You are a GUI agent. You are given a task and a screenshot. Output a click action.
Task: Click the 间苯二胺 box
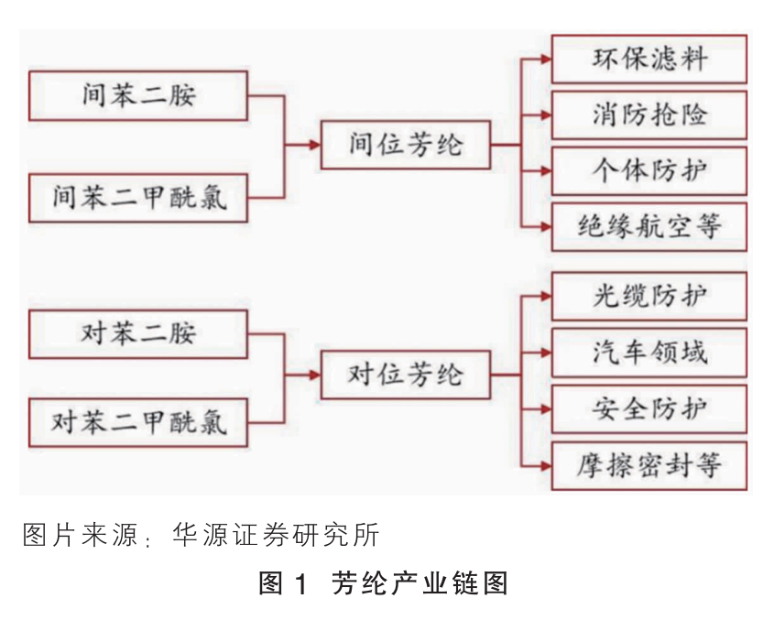tap(138, 96)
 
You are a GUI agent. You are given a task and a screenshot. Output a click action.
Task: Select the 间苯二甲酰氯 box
tap(138, 198)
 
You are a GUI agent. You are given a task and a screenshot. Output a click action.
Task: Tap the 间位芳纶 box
tap(406, 145)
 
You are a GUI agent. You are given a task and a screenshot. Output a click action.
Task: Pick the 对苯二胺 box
tap(138, 334)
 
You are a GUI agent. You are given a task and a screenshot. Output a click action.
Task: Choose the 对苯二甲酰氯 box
tap(138, 423)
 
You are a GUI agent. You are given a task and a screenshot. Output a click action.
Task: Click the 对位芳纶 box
tap(406, 375)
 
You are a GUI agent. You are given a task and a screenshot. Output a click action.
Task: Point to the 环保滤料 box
tap(649, 60)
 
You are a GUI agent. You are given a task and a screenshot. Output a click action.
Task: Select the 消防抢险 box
tap(649, 115)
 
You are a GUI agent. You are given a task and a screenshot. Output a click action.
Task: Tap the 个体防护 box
tap(649, 170)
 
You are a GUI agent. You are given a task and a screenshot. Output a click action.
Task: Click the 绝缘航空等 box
tap(649, 226)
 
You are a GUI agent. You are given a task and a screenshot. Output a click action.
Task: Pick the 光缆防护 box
tap(649, 296)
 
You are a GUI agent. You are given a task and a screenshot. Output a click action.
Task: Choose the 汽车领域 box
tap(649, 353)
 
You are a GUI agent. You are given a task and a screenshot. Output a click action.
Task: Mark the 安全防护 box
tap(649, 409)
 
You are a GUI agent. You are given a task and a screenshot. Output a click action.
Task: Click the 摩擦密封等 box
tap(649, 466)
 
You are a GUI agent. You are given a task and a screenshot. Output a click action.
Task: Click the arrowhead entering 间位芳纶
tap(315, 145)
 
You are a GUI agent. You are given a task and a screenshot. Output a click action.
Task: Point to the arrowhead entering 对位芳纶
tap(315, 375)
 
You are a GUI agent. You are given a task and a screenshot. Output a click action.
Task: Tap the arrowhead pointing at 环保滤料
tap(545, 60)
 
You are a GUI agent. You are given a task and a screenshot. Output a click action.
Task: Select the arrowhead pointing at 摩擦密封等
tap(545, 466)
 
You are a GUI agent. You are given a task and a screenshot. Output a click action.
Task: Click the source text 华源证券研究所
tap(276, 535)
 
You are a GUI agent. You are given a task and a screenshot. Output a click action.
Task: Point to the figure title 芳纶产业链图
tap(420, 583)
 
